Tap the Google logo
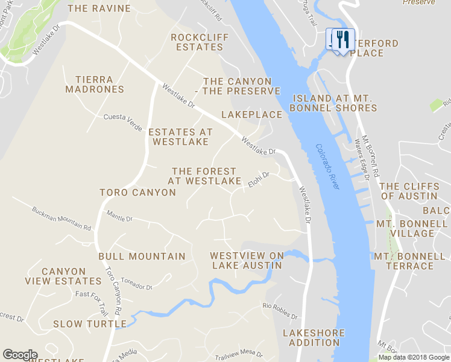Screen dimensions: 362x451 pos(20,355)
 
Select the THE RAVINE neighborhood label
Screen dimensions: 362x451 pos(99,8)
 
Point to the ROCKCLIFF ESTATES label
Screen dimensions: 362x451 pos(197,42)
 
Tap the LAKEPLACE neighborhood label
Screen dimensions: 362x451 pos(251,115)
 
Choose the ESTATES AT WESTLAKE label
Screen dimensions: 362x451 pos(180,137)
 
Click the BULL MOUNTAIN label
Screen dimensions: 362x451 pos(142,256)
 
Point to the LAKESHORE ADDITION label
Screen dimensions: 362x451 pos(314,338)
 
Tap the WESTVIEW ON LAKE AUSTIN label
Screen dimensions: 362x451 pos(247,261)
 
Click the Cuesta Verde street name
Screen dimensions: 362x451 pos(122,122)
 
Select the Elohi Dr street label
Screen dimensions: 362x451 pos(258,180)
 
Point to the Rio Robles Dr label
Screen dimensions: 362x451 pos(280,310)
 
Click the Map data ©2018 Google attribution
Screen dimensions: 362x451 pos(414,357)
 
